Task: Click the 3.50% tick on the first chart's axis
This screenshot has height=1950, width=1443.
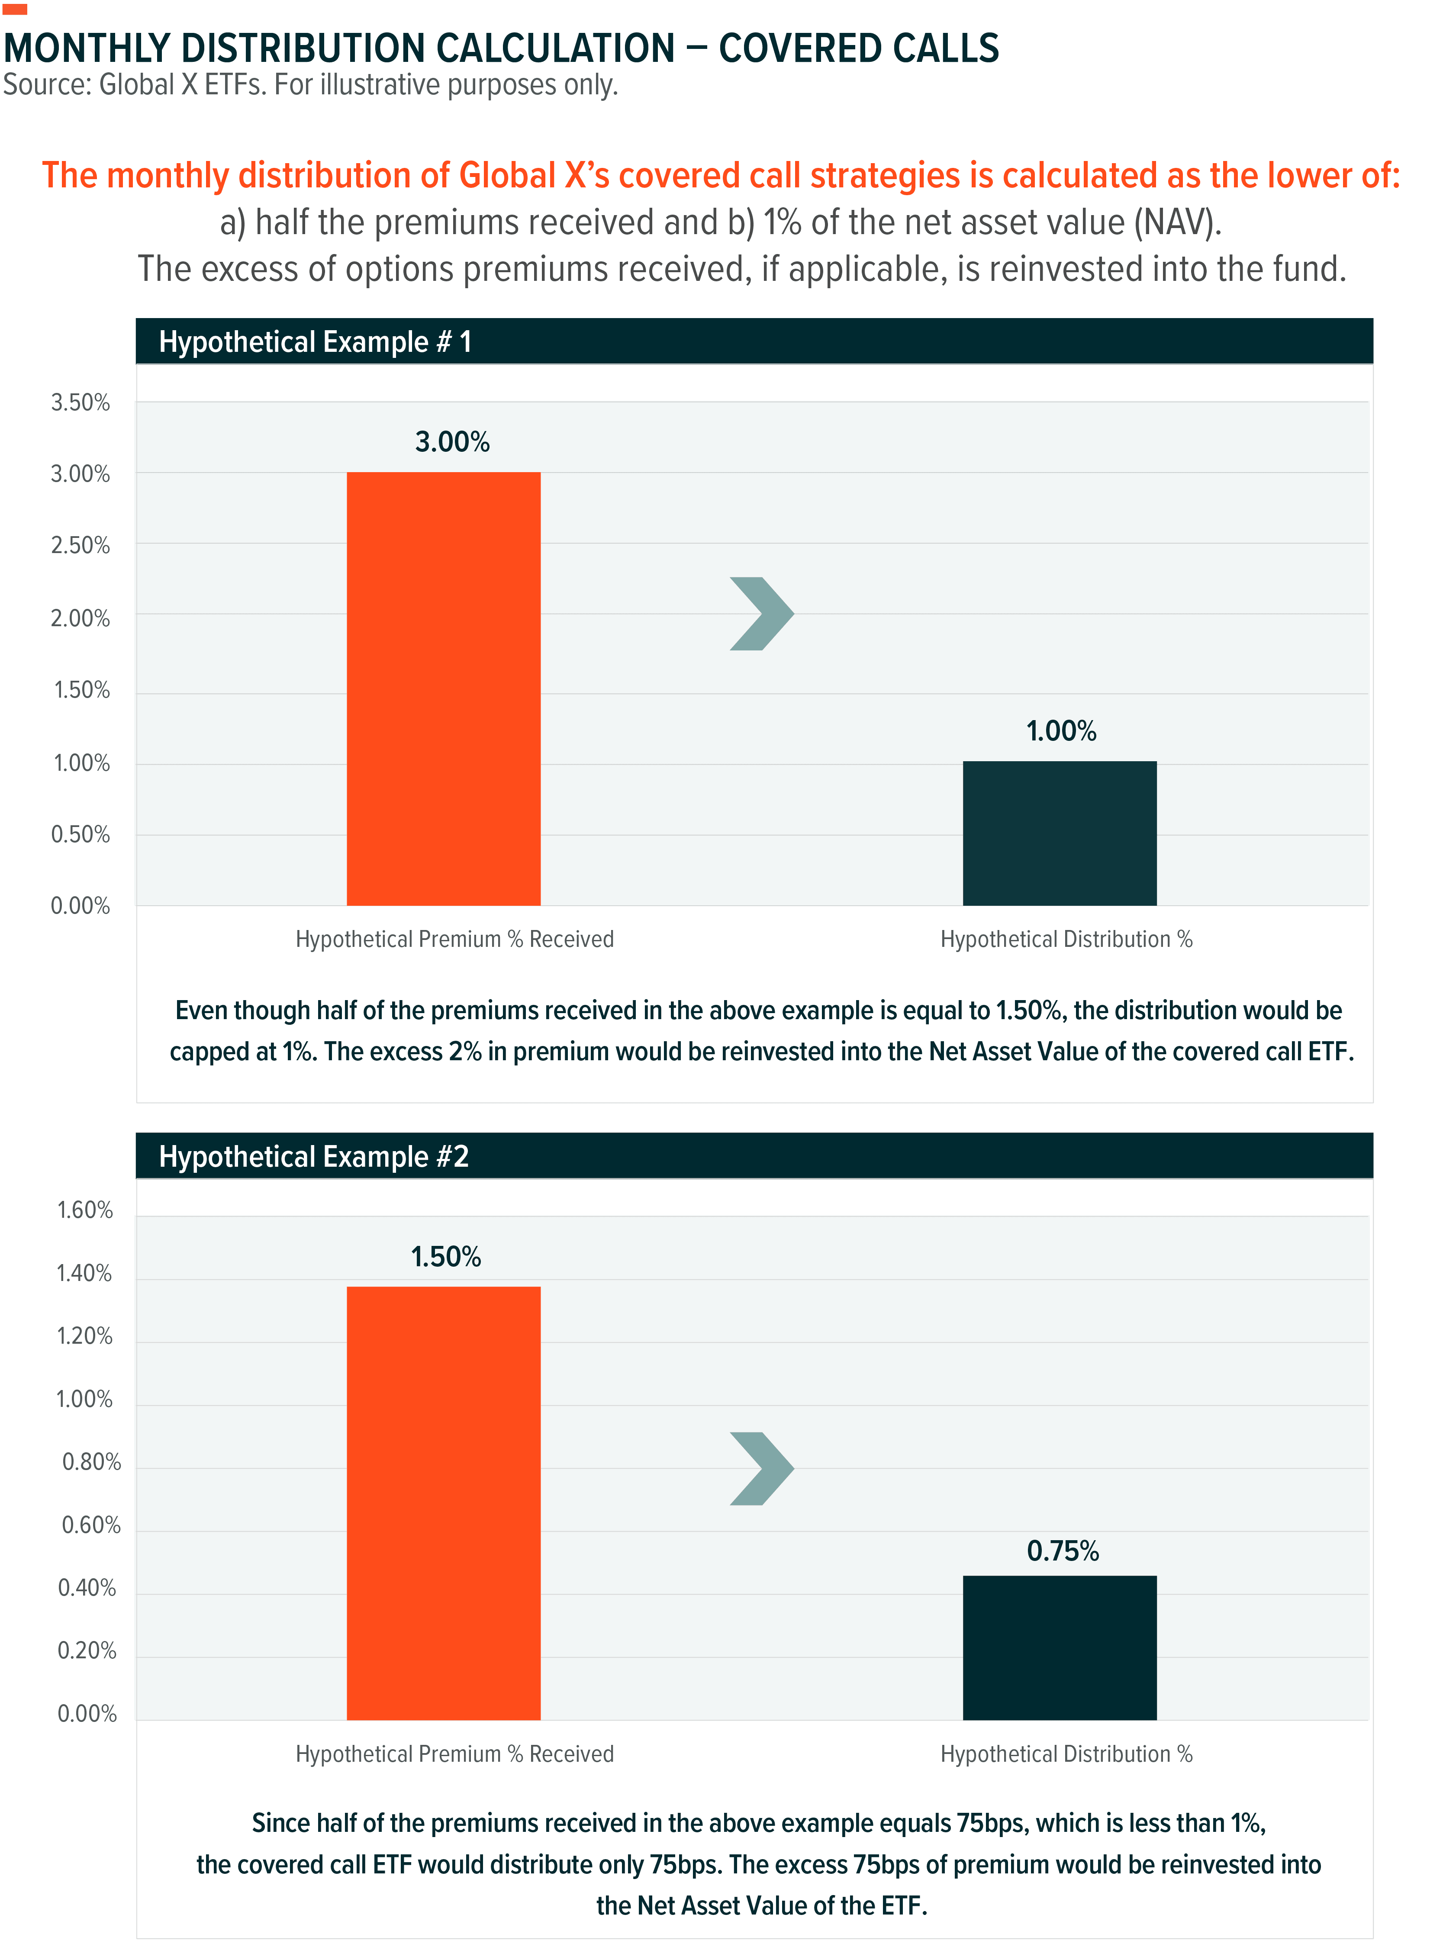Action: [81, 402]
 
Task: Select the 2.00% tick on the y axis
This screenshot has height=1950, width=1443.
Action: [81, 618]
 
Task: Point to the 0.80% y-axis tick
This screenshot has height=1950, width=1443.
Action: [91, 1462]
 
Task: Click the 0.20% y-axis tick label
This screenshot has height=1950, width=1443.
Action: [87, 1651]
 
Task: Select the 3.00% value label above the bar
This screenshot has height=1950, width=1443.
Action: [451, 442]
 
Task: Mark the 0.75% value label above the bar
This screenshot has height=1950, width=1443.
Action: [1062, 1551]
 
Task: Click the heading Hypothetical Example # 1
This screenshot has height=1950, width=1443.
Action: [315, 341]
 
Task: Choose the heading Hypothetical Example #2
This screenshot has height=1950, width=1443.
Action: [314, 1156]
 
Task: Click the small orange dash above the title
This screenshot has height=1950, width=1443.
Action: [15, 9]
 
